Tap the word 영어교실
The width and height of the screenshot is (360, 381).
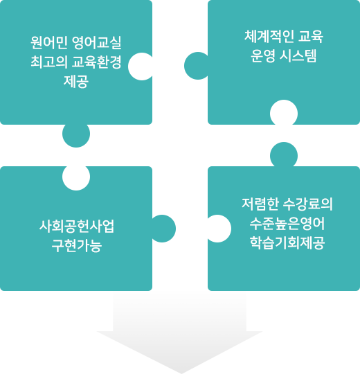[97, 42]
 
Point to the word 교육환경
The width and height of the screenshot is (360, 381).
[97, 62]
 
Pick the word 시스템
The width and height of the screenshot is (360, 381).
[298, 56]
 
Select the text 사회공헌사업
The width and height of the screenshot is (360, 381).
[77, 227]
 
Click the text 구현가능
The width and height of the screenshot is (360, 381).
[77, 246]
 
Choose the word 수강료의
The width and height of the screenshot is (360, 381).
[308, 204]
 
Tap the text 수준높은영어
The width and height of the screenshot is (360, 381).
[287, 224]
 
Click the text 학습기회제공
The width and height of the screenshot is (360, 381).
[287, 243]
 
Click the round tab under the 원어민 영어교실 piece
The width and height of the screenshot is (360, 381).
[76, 134]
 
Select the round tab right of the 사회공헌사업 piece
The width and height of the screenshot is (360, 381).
[163, 229]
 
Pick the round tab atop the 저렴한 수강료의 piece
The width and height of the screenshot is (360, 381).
[284, 154]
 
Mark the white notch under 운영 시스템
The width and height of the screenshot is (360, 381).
[284, 113]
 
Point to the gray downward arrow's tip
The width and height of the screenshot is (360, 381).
[181, 373]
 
